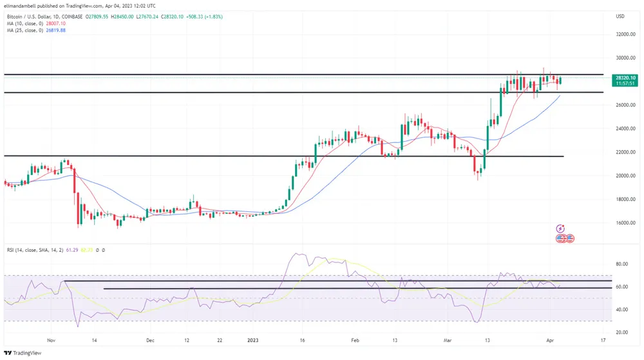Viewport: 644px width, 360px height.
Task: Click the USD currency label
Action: click(620, 16)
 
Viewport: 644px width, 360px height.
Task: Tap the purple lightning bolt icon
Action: click(560, 229)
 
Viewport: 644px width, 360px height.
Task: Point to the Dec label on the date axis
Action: click(149, 339)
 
